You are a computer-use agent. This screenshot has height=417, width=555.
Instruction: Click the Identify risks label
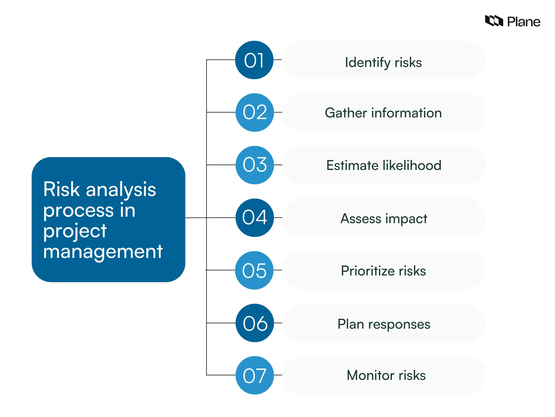(383, 63)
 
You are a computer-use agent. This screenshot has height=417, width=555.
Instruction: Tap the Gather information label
(383, 113)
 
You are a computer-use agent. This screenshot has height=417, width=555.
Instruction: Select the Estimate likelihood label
(384, 165)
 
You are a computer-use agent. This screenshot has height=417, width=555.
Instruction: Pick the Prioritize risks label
(383, 271)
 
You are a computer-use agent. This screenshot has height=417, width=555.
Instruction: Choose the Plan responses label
(384, 324)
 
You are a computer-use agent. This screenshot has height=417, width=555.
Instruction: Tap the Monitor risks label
(386, 375)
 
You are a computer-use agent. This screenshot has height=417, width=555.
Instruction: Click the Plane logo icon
(494, 21)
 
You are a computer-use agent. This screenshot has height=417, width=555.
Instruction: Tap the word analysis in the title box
(121, 190)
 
